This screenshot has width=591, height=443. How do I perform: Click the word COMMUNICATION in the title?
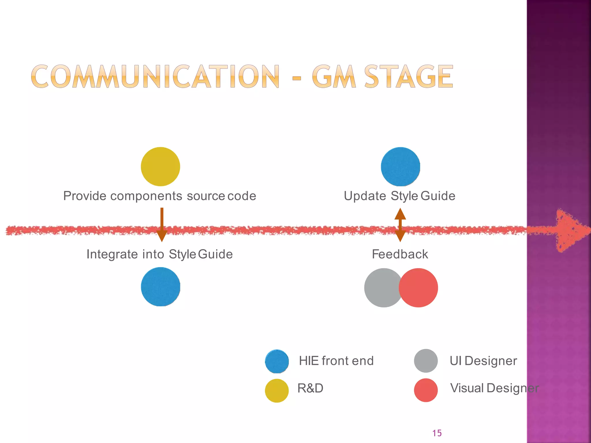point(155,76)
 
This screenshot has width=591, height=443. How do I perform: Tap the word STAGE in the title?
point(409,76)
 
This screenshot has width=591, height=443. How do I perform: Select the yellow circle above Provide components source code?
point(160,167)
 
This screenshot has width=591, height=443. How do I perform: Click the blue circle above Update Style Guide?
point(400,167)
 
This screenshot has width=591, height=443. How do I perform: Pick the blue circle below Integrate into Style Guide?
point(160,287)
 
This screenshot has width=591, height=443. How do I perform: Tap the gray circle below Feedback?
point(380,288)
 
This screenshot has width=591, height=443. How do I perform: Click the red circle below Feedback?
point(419,288)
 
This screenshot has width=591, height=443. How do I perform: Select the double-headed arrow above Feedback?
point(400,225)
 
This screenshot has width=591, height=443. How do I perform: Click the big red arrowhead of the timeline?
point(570,230)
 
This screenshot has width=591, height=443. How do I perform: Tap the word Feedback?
point(400,254)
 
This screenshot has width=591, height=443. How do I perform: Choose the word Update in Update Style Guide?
point(365,196)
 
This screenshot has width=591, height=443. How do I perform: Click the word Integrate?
point(112,254)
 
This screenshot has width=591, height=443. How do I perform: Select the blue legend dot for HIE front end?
point(277,361)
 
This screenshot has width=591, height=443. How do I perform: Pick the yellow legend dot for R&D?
point(277,391)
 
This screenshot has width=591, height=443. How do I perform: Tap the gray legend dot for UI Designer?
point(426,361)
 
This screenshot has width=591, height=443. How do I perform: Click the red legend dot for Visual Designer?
point(426,390)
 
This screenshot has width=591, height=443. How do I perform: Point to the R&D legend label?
point(310,388)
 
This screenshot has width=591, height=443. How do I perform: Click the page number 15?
point(437,433)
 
